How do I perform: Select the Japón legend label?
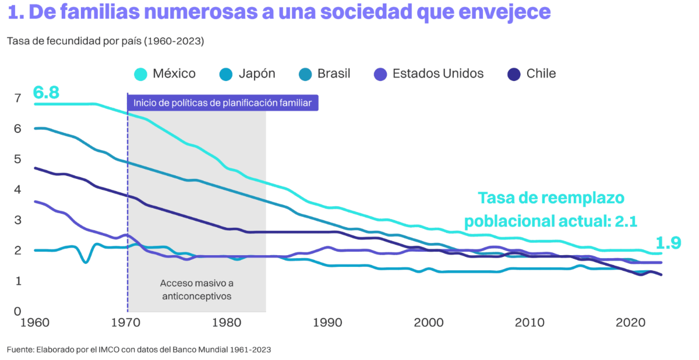(257, 74)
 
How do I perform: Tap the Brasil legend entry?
(334, 74)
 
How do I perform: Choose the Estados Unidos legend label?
(438, 74)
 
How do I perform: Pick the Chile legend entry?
(541, 74)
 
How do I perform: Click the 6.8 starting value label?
(46, 92)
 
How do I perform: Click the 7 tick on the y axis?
(17, 98)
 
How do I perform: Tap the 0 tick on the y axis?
(17, 311)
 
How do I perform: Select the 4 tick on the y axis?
(17, 189)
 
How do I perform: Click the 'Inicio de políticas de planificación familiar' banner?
(223, 103)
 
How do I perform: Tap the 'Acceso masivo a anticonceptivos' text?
(196, 290)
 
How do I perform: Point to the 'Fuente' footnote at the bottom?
(139, 350)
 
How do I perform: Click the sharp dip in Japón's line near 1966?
(86, 262)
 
